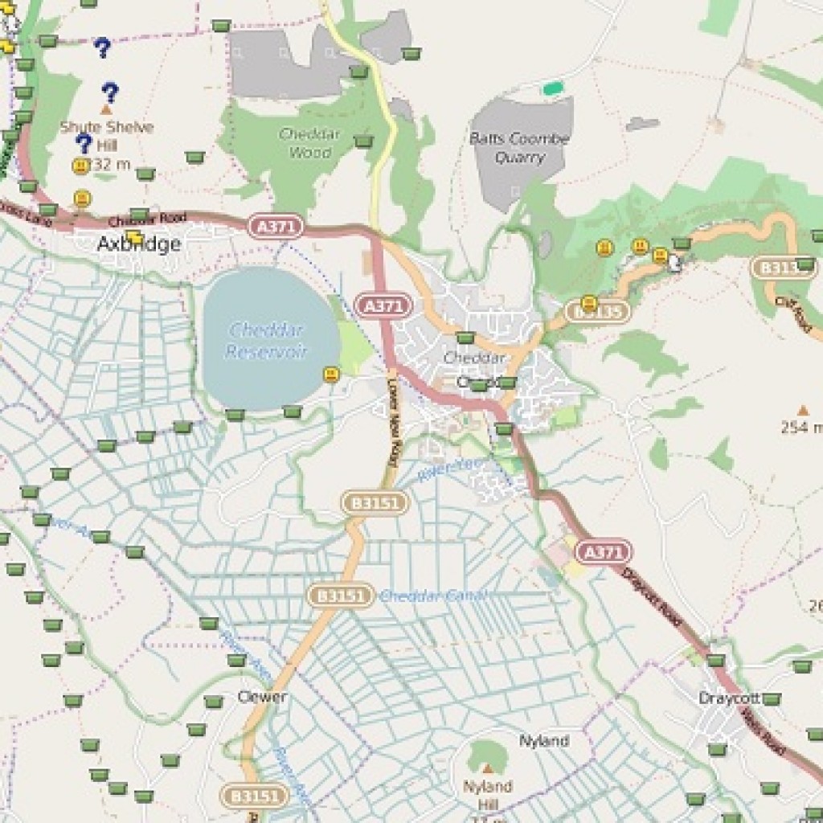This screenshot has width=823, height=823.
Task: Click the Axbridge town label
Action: point(138,244)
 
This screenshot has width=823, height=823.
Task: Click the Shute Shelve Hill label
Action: point(106,137)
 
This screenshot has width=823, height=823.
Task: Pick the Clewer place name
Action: point(262,697)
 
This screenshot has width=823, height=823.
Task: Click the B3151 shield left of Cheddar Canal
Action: point(341,596)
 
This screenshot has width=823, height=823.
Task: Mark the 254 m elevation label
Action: point(801,428)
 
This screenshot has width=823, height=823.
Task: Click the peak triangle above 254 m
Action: point(802,410)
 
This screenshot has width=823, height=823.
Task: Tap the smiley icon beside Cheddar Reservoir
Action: point(330,374)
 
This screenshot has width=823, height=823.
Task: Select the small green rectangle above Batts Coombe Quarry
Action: point(552,88)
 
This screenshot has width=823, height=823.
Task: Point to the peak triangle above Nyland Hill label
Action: point(486,768)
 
